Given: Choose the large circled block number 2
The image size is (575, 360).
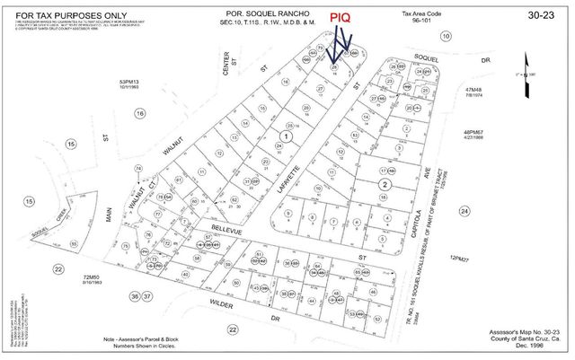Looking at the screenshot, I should pyautogui.click(x=384, y=185).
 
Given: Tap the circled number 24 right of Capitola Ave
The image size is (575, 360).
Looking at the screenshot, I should pyautogui.click(x=464, y=212).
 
